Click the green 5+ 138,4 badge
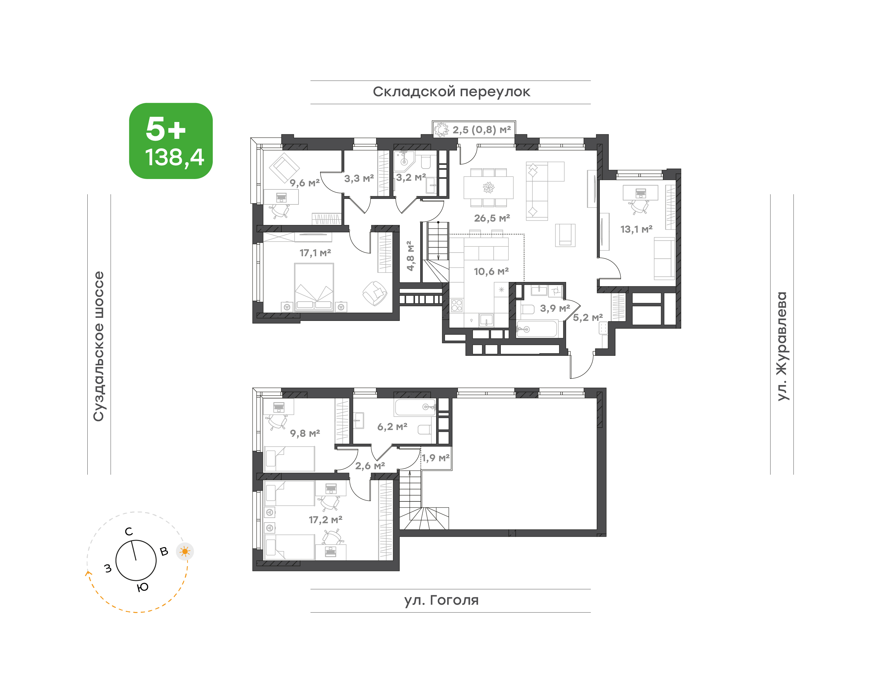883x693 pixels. [x=171, y=141]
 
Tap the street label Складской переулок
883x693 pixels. [x=451, y=92]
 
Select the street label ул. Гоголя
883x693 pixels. [x=441, y=600]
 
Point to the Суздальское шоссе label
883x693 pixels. [x=99, y=346]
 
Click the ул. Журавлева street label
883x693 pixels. [x=782, y=346]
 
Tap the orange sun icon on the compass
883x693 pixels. [x=185, y=552]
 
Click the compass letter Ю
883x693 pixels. [x=143, y=587]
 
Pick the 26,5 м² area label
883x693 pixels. [x=492, y=218]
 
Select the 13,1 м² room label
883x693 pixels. [x=636, y=229]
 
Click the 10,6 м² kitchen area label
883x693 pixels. [x=491, y=272]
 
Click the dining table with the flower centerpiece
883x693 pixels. [x=489, y=188]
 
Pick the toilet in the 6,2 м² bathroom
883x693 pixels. [x=424, y=429]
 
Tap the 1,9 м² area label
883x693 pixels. [x=436, y=458]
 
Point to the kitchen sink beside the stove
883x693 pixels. [x=486, y=320]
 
